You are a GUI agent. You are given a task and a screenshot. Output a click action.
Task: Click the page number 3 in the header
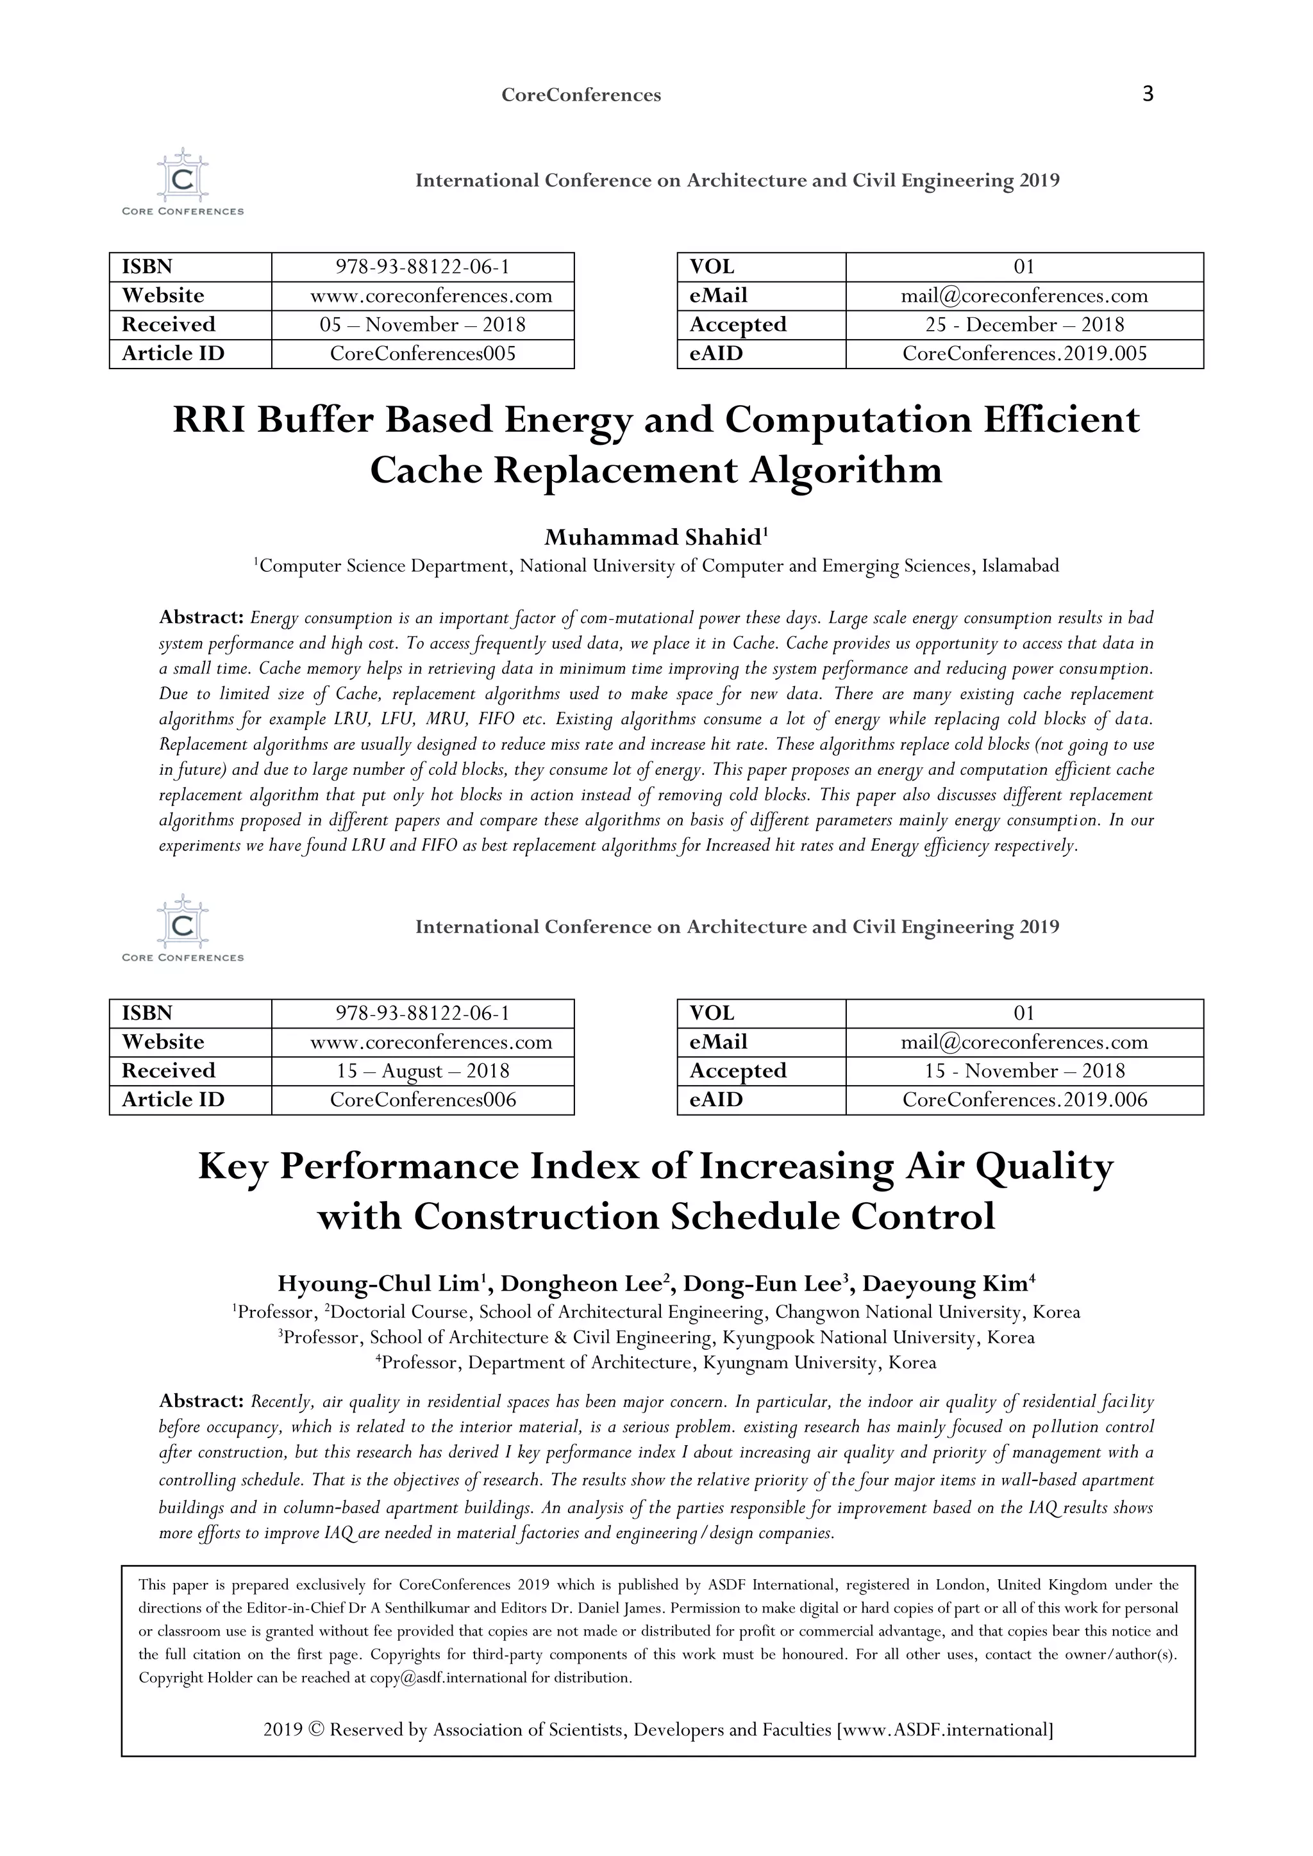click(1147, 94)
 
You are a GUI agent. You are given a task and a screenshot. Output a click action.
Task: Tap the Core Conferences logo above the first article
click(183, 182)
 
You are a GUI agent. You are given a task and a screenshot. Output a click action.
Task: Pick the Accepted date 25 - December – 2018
click(1024, 325)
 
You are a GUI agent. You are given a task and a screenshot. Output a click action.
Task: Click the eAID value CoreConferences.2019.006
click(1024, 1100)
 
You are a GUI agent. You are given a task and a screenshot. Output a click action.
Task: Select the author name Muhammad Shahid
click(653, 538)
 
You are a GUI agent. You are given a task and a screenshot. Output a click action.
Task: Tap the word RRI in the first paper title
click(208, 420)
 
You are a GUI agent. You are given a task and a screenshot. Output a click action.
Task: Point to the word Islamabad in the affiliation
click(1019, 566)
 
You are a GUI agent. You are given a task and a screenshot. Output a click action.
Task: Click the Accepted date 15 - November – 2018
click(1024, 1071)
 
